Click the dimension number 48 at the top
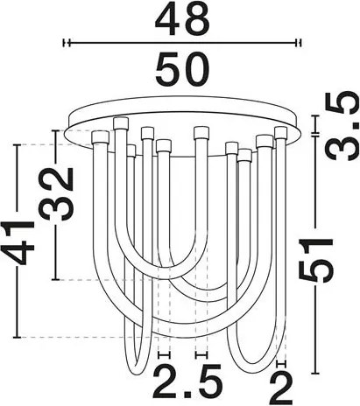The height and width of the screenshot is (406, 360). [181, 19]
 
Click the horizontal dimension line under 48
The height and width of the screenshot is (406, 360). [181, 42]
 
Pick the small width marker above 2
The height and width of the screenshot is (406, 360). [280, 360]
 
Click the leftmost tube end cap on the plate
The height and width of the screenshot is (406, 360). [100, 138]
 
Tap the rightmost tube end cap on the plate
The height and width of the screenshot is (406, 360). [280, 133]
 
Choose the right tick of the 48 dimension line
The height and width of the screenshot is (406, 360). [300, 42]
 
